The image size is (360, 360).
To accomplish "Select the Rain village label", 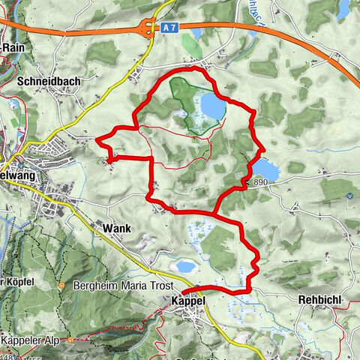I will tap(14, 46).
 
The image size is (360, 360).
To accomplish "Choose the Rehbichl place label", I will tap(320, 299).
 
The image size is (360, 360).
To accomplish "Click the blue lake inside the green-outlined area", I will tap(211, 107).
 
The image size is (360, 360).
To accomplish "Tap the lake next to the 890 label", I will tap(265, 168).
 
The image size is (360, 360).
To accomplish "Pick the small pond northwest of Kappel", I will tap(184, 266).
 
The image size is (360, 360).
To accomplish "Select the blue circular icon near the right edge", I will tap(349, 196).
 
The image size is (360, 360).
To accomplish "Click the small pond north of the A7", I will tap(196, 33).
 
